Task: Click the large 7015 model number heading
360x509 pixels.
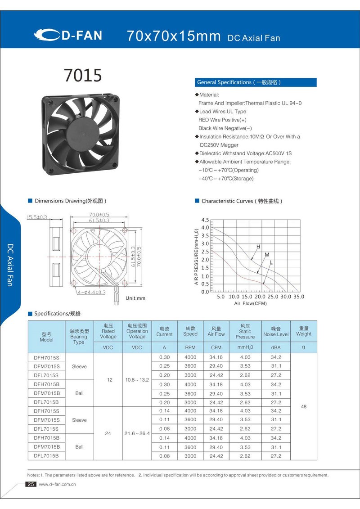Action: [83, 76]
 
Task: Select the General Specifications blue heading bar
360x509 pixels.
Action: [256, 82]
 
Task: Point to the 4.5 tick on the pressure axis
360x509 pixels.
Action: [205, 220]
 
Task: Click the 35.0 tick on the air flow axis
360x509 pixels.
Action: [298, 297]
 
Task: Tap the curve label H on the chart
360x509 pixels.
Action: [258, 247]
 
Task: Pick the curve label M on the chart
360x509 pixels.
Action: [267, 255]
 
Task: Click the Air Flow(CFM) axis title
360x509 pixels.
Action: [250, 304]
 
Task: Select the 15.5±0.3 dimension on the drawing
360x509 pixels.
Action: [37, 217]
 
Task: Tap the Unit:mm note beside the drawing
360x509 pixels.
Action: [135, 298]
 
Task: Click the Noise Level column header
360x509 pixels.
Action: [276, 334]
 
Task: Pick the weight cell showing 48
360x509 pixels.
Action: [304, 406]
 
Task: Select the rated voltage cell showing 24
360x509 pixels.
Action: [108, 433]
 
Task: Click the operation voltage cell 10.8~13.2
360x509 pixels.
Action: [137, 380]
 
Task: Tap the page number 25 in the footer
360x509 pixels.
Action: [31, 484]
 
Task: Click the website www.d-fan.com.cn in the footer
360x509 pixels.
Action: [57, 485]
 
